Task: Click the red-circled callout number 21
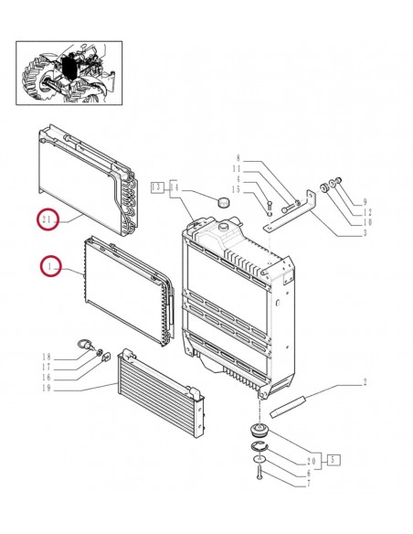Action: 48,219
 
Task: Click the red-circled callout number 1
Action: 50,266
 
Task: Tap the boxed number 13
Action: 157,187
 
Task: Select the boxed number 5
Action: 334,460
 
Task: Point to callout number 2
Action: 365,382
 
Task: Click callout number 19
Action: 47,388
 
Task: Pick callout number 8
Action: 238,158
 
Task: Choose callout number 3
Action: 365,233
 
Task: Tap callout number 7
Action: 309,484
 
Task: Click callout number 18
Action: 47,357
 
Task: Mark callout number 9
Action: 365,202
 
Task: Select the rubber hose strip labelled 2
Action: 288,406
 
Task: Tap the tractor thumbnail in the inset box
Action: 69,73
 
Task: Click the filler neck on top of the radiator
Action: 225,226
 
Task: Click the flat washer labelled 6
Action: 259,460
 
